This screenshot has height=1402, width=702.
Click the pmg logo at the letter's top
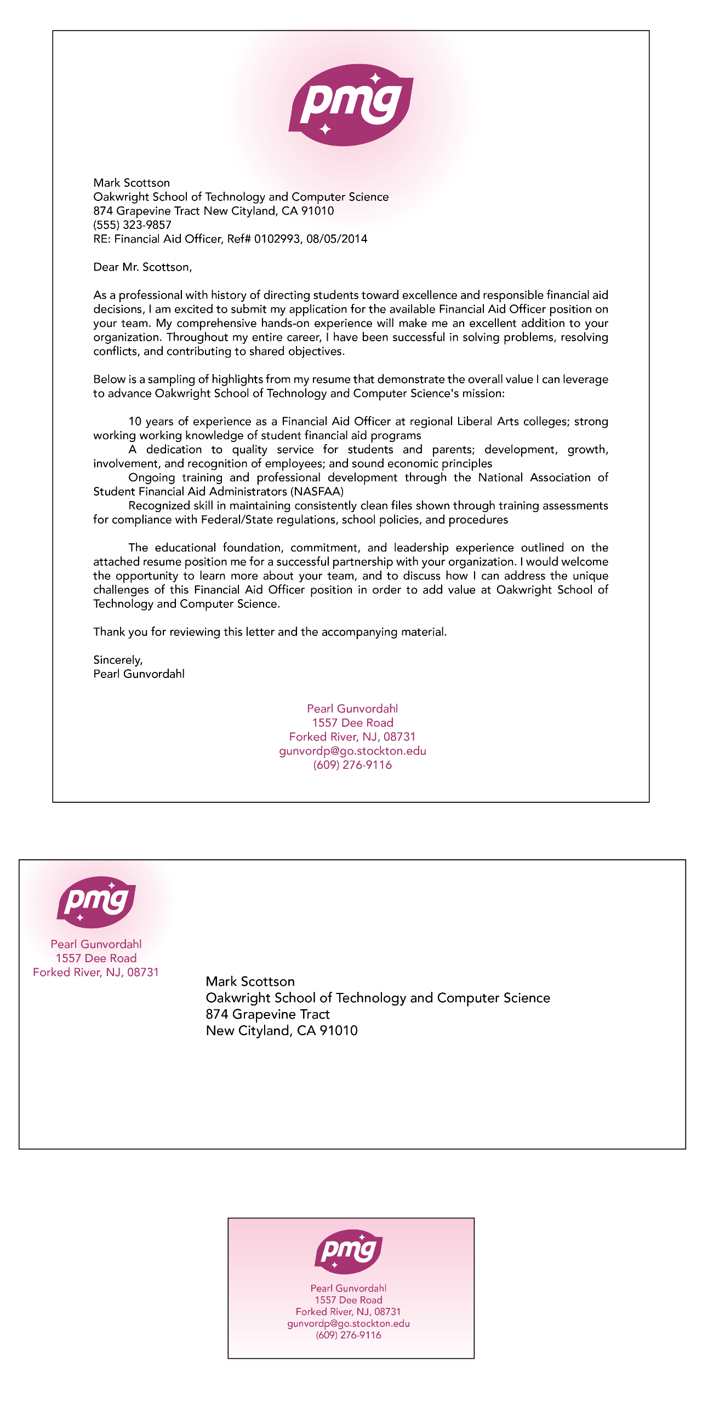(351, 105)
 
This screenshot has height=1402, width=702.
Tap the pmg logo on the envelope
(96, 902)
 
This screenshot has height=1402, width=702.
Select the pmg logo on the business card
(349, 1252)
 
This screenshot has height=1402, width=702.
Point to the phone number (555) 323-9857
(132, 225)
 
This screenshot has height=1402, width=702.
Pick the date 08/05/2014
(337, 239)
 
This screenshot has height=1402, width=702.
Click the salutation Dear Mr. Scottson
(142, 267)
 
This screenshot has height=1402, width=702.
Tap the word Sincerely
(117, 660)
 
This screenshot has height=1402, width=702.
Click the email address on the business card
(349, 1324)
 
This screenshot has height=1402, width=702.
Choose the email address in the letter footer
(352, 751)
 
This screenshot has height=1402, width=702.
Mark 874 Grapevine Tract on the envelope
(267, 1014)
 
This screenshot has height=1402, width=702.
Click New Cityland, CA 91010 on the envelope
(282, 1031)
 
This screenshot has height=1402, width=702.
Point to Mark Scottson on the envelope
(250, 981)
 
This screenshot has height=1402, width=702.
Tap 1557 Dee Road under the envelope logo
(96, 958)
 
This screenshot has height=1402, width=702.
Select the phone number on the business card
(349, 1335)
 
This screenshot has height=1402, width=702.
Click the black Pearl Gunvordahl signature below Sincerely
(139, 674)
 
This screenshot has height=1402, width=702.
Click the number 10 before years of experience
(135, 422)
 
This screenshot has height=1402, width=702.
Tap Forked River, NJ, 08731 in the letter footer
(352, 737)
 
